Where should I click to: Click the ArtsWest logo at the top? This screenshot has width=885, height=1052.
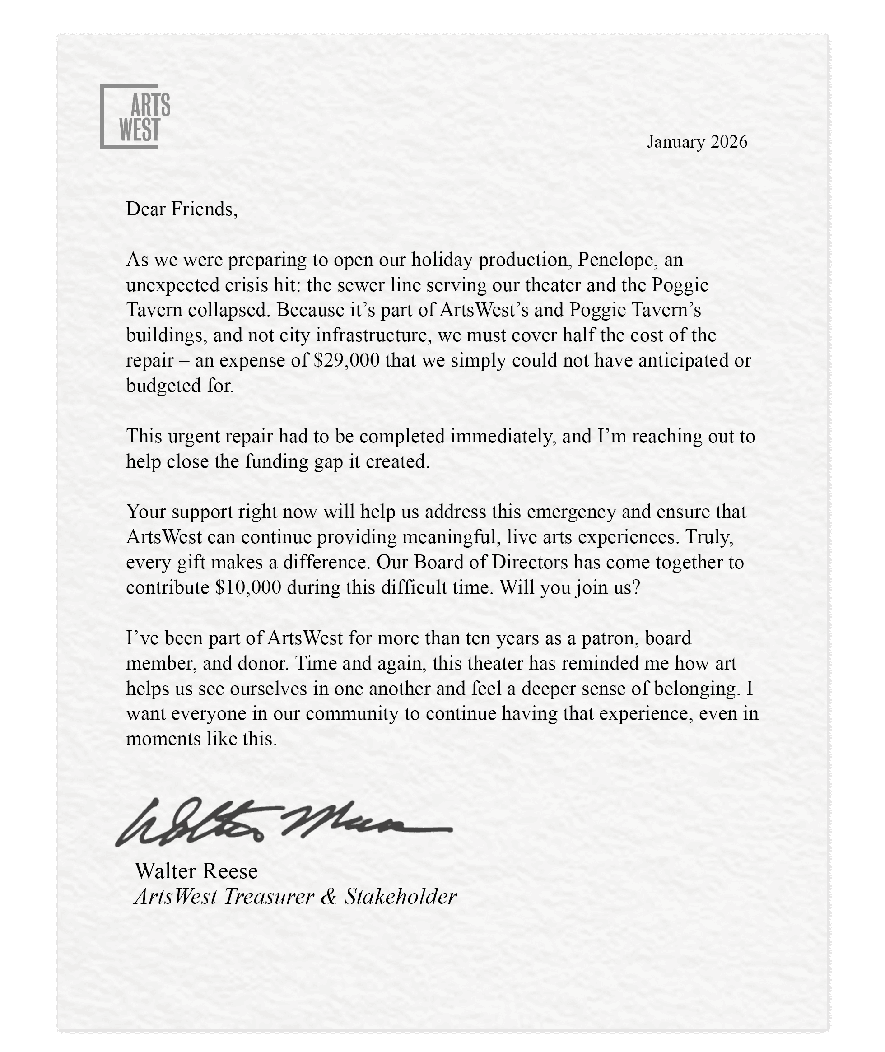135,117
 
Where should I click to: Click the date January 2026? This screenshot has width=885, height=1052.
697,142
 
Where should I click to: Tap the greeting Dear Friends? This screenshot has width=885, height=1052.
181,209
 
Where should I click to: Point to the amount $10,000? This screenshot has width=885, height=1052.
248,587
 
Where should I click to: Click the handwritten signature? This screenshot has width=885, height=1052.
284,822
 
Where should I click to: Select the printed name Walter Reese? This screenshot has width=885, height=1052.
196,871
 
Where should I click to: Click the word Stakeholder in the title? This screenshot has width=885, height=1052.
401,897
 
